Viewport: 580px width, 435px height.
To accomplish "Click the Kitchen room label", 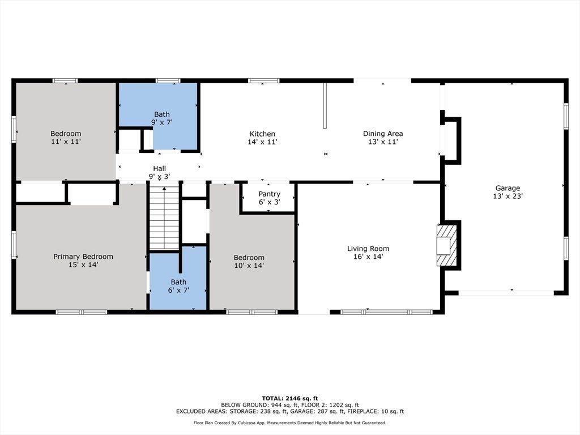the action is pyautogui.click(x=262, y=134).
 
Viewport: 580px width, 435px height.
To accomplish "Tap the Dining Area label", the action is pyautogui.click(x=383, y=134).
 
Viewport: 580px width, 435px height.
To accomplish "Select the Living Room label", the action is pyautogui.click(x=368, y=249).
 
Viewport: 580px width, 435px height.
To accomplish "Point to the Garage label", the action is pyautogui.click(x=507, y=188).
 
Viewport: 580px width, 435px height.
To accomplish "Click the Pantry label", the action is pyautogui.click(x=269, y=194).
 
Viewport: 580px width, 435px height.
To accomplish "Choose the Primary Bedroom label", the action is pyautogui.click(x=83, y=257).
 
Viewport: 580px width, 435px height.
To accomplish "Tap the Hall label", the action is pyautogui.click(x=159, y=169).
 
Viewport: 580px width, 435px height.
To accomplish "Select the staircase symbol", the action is pyautogui.click(x=164, y=218).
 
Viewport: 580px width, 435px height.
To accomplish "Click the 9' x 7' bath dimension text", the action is pyautogui.click(x=162, y=122).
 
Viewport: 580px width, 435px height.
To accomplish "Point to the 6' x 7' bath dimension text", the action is pyautogui.click(x=178, y=291).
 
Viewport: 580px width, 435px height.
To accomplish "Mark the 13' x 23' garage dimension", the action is pyautogui.click(x=507, y=197).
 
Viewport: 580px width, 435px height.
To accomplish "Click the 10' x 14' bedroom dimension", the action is pyautogui.click(x=249, y=266).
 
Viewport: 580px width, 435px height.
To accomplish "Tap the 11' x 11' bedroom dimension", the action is pyautogui.click(x=66, y=142).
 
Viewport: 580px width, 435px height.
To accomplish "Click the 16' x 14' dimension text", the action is pyautogui.click(x=368, y=257).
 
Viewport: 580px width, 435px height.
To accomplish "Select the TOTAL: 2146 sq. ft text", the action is pyautogui.click(x=290, y=398).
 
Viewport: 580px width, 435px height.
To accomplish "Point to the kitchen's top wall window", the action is pyautogui.click(x=264, y=80).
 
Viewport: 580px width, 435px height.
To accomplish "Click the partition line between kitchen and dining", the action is pyautogui.click(x=325, y=106).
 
